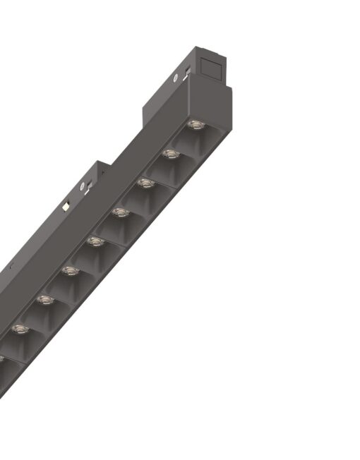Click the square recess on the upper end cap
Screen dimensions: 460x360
point(212,67)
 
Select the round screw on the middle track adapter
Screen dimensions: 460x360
point(83,186)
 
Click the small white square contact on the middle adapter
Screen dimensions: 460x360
point(66,207)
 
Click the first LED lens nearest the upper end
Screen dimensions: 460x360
point(193,126)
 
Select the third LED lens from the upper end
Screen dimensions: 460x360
point(145,183)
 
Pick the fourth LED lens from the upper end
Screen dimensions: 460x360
point(120,212)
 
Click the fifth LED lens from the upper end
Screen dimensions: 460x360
point(95,241)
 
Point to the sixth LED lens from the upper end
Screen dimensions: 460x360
point(69,270)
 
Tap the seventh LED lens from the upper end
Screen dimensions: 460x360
point(44,300)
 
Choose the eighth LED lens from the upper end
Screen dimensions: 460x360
point(20,329)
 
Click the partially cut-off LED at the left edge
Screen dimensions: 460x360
point(2,358)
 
